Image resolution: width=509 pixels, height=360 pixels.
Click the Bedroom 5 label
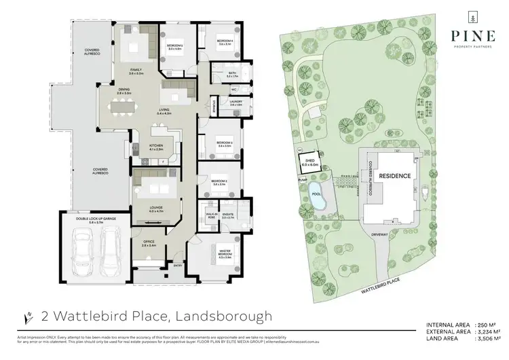(x=175, y=47)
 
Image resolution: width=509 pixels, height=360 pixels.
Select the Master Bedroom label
(x=223, y=255)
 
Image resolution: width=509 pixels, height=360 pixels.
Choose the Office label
(x=149, y=245)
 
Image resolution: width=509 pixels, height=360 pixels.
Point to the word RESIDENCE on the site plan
(x=394, y=175)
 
